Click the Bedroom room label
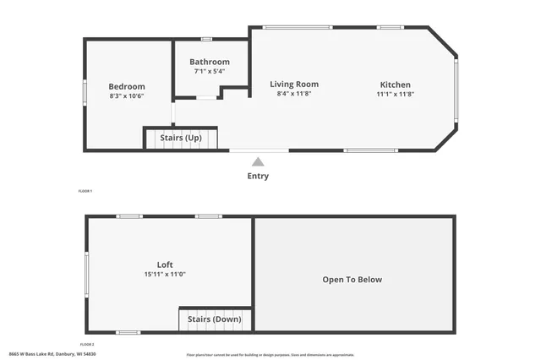pyautogui.click(x=127, y=86)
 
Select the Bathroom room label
pyautogui.click(x=210, y=62)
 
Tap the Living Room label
pyautogui.click(x=294, y=84)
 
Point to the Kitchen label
pyautogui.click(x=395, y=85)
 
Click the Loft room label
pyautogui.click(x=165, y=265)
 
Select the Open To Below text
pyautogui.click(x=352, y=280)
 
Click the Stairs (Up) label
pyautogui.click(x=181, y=137)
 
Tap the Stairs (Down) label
pyautogui.click(x=215, y=319)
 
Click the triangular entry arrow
pyautogui.click(x=258, y=161)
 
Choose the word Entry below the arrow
pyautogui.click(x=258, y=176)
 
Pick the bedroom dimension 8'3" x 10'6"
pyautogui.click(x=127, y=96)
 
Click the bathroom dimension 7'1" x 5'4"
pyautogui.click(x=210, y=71)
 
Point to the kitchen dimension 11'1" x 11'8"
pyautogui.click(x=395, y=94)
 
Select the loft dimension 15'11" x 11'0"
pyautogui.click(x=165, y=274)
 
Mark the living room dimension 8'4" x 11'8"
pyautogui.click(x=294, y=93)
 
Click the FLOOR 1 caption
pyautogui.click(x=85, y=192)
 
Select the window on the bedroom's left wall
pyautogui.click(x=85, y=91)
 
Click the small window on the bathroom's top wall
pyautogui.click(x=206, y=39)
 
